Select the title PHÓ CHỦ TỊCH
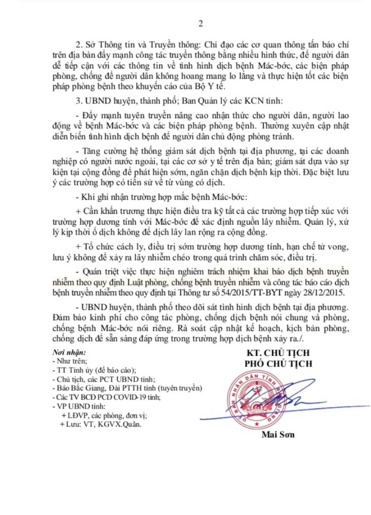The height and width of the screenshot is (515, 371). click(278, 364)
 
